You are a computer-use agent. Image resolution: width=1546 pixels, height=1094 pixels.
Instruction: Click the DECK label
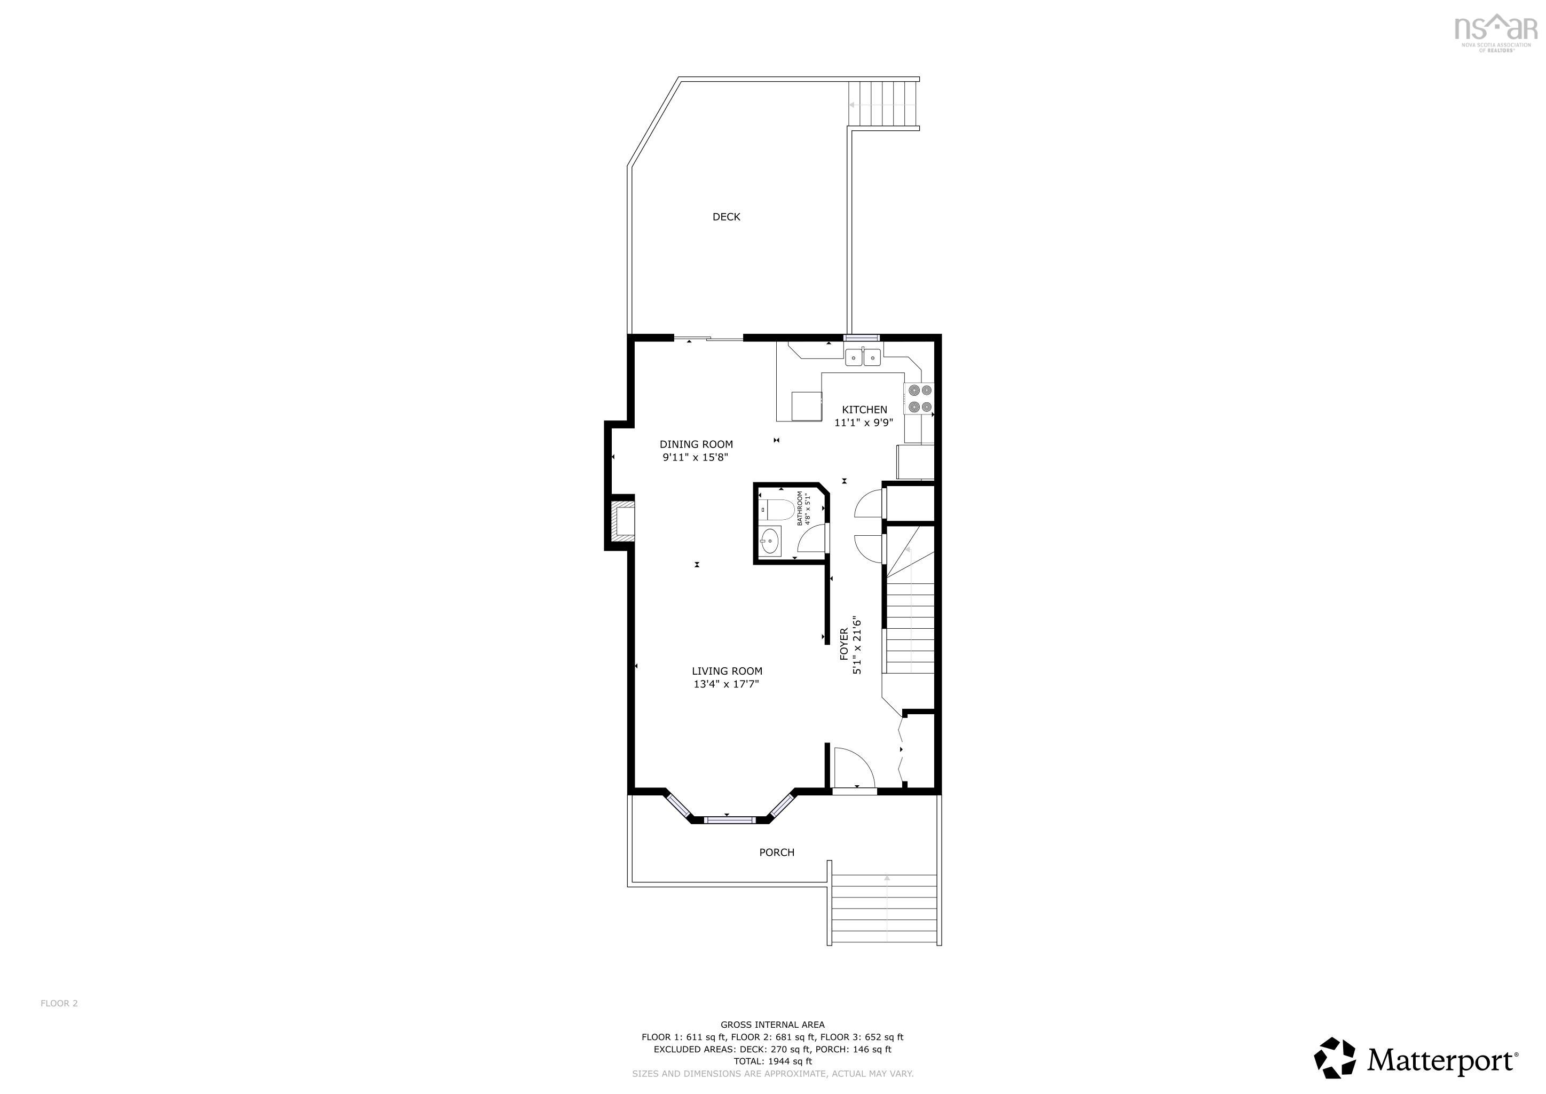coord(726,217)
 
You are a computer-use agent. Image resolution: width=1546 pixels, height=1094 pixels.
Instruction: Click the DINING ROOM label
coord(696,444)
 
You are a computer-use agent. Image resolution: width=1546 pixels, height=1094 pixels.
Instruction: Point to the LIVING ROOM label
coord(727,671)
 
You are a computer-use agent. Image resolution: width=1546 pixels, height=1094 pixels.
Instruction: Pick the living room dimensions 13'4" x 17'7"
coord(726,684)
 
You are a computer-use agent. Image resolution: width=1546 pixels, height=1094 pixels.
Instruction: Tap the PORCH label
coord(776,853)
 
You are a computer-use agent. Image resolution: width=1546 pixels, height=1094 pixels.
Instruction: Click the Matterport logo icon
coord(1335,1058)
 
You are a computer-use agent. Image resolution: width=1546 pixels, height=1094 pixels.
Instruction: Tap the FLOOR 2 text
coord(59,1004)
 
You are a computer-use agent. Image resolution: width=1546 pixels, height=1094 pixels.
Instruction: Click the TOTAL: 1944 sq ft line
coord(772,1061)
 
